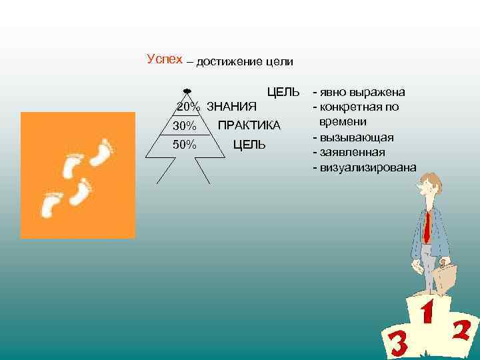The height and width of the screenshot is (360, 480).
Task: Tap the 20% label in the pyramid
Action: pyautogui.click(x=188, y=107)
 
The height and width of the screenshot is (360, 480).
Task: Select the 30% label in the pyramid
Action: pyautogui.click(x=184, y=126)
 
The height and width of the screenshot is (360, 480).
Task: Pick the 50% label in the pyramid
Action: pyautogui.click(x=184, y=145)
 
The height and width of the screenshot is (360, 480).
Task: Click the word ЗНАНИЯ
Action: pyautogui.click(x=233, y=107)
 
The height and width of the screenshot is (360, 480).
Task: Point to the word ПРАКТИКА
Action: pyautogui.click(x=249, y=126)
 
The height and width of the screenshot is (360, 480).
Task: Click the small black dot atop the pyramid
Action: pyautogui.click(x=187, y=90)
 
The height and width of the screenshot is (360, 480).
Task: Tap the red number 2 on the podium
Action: pyautogui.click(x=461, y=331)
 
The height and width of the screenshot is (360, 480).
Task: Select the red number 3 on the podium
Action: pyautogui.click(x=398, y=343)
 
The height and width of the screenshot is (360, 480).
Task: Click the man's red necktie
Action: pyautogui.click(x=426, y=227)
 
